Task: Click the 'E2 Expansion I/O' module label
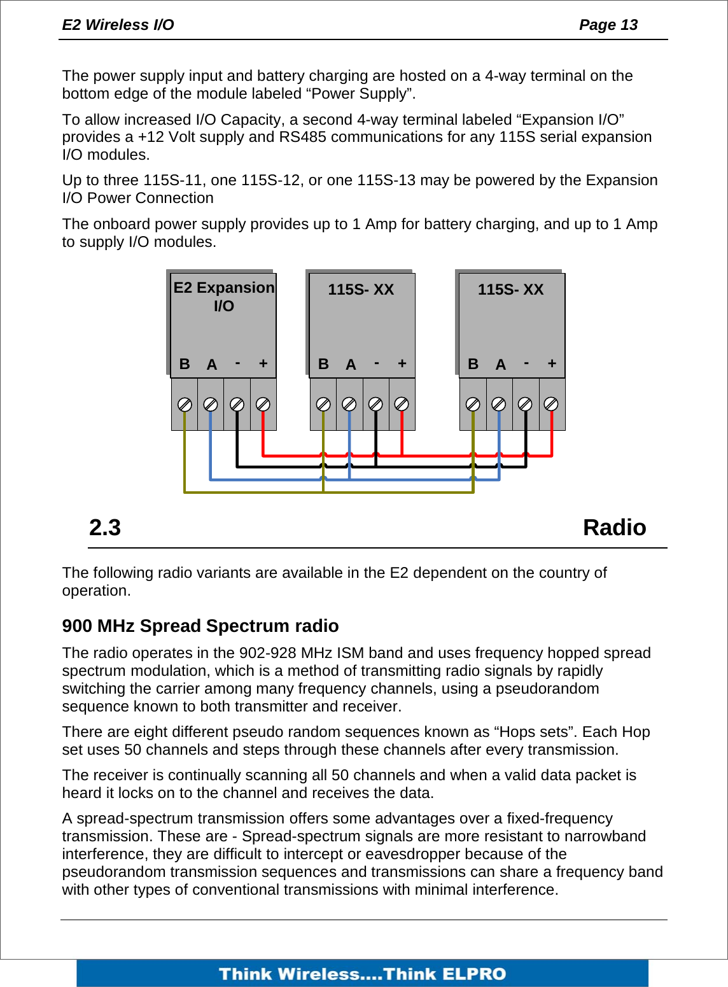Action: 223,297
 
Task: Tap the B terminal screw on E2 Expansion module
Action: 185,405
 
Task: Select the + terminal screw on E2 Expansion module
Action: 263,405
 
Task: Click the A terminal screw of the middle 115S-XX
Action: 349,405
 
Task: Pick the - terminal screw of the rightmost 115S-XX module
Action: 525,405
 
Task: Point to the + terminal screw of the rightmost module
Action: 551,405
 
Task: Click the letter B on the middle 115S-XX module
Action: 323,364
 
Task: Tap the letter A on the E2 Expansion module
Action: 212,365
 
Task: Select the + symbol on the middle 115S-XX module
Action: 402,363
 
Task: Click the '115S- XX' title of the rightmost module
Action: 510,290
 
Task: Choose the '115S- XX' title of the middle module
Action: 361,290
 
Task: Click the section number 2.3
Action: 105,528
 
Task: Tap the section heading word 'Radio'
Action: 614,528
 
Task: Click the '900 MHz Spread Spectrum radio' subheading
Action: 200,626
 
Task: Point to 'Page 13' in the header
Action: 608,25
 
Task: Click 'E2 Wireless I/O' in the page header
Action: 118,25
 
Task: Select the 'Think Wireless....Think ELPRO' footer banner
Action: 362,974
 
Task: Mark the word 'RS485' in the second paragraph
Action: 302,137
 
